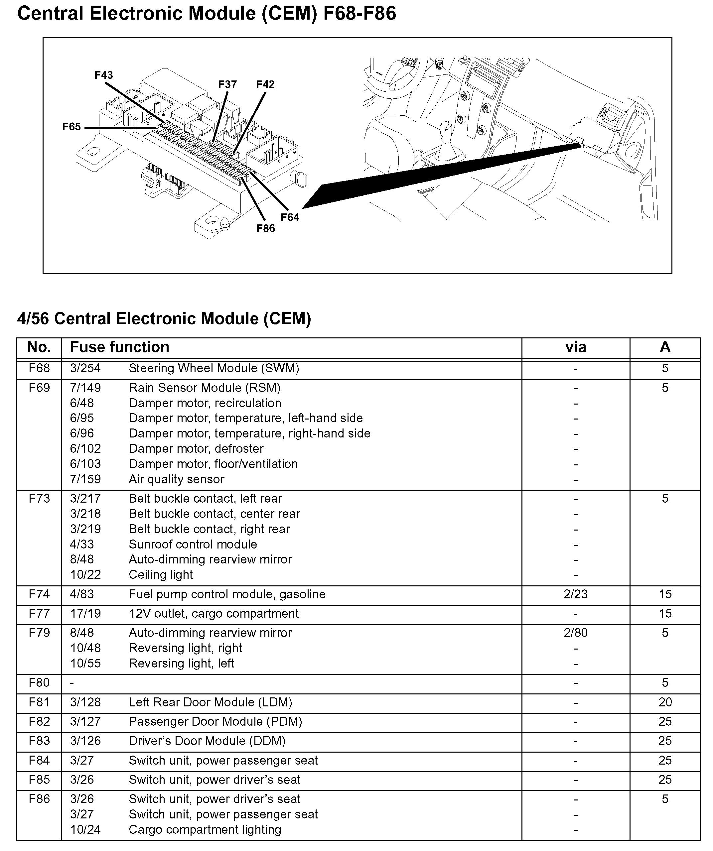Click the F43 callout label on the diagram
click(x=103, y=75)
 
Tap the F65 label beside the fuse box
click(x=71, y=127)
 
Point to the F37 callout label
click(x=227, y=84)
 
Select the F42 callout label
click(x=265, y=84)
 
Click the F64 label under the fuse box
click(x=290, y=218)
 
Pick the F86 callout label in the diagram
click(x=265, y=229)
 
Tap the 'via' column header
click(x=575, y=347)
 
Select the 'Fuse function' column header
click(x=120, y=347)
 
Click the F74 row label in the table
click(x=39, y=594)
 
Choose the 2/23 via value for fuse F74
click(x=575, y=594)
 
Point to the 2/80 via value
click(x=575, y=633)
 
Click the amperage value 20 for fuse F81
click(x=665, y=702)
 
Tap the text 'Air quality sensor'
click(x=176, y=479)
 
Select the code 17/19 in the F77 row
click(x=85, y=614)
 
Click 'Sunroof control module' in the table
click(x=193, y=544)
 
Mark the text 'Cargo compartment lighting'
click(x=205, y=829)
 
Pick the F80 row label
click(x=39, y=683)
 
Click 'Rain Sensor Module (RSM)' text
click(x=205, y=388)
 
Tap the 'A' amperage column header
click(x=665, y=347)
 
